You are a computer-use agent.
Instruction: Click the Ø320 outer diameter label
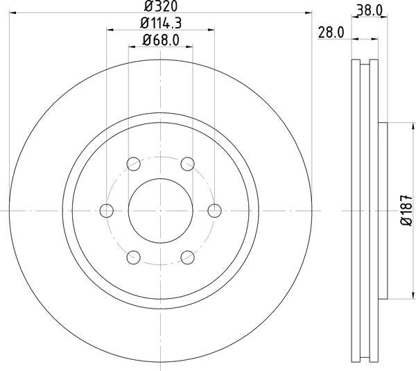pyautogui.click(x=159, y=6)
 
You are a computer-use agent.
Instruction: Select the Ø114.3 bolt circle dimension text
pyautogui.click(x=159, y=24)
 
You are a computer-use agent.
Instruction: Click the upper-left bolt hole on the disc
pyautogui.click(x=133, y=164)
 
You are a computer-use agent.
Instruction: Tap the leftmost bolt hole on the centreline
pyautogui.click(x=106, y=210)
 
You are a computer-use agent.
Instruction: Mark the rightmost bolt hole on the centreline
pyautogui.click(x=214, y=210)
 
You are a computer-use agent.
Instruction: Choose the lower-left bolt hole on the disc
pyautogui.click(x=133, y=257)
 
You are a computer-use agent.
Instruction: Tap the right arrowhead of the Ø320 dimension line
pyautogui.click(x=308, y=13)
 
